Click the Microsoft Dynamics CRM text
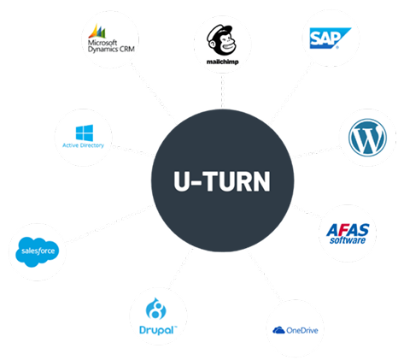pyautogui.click(x=112, y=45)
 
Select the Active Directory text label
pyautogui.click(x=83, y=146)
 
